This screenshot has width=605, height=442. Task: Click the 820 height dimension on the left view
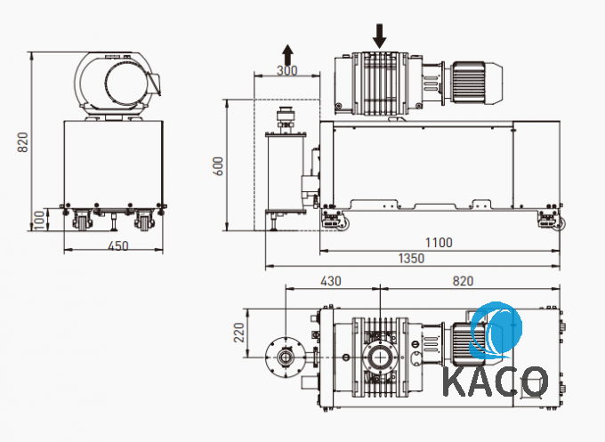tap(23, 142)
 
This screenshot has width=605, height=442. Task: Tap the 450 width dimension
tap(117, 246)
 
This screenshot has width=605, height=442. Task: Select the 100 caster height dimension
tap(40, 220)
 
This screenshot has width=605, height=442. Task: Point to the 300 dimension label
tap(287, 70)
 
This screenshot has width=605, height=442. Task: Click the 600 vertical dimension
tap(218, 166)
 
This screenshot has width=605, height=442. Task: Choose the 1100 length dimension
tap(439, 243)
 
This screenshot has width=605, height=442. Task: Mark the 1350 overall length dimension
tap(411, 258)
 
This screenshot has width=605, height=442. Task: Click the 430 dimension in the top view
tap(331, 281)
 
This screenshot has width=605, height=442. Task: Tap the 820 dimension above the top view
tap(463, 281)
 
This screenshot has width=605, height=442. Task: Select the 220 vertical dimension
tap(239, 333)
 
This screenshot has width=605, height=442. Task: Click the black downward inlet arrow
tap(380, 36)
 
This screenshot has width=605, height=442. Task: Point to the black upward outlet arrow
tap(287, 54)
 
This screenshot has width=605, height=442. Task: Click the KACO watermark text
tap(496, 382)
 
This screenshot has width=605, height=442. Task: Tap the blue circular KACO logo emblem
tap(496, 331)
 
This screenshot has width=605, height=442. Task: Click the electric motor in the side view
tap(477, 83)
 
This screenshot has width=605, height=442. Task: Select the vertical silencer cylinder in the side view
tap(286, 173)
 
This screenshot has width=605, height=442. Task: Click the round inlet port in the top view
tap(381, 358)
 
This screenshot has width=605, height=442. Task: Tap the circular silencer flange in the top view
tap(286, 358)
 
